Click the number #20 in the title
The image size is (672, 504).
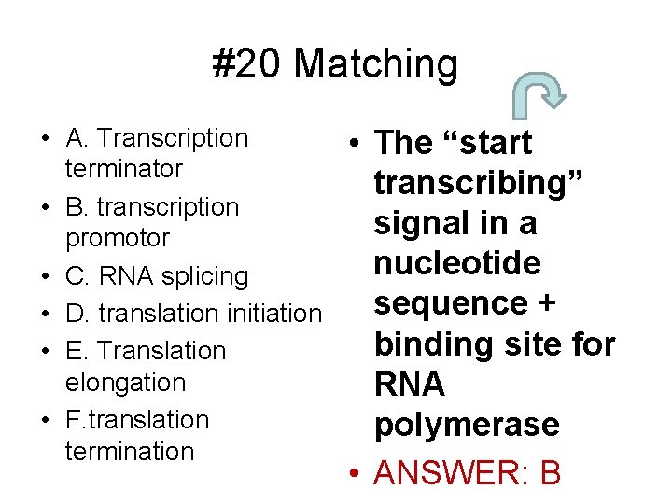click(247, 64)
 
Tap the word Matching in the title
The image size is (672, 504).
click(376, 65)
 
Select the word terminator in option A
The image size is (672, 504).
click(123, 170)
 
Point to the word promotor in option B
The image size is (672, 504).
click(117, 238)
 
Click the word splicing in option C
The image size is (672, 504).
click(203, 276)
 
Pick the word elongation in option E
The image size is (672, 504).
click(125, 383)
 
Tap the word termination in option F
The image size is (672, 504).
click(129, 451)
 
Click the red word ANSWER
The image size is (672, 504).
click(443, 473)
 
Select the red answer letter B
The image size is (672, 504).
click(550, 473)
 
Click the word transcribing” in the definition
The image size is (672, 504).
click(479, 183)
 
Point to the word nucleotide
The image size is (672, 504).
click(456, 263)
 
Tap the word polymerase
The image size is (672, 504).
click(466, 425)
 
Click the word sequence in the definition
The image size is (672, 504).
click(451, 304)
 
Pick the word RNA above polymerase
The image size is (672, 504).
click(409, 385)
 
